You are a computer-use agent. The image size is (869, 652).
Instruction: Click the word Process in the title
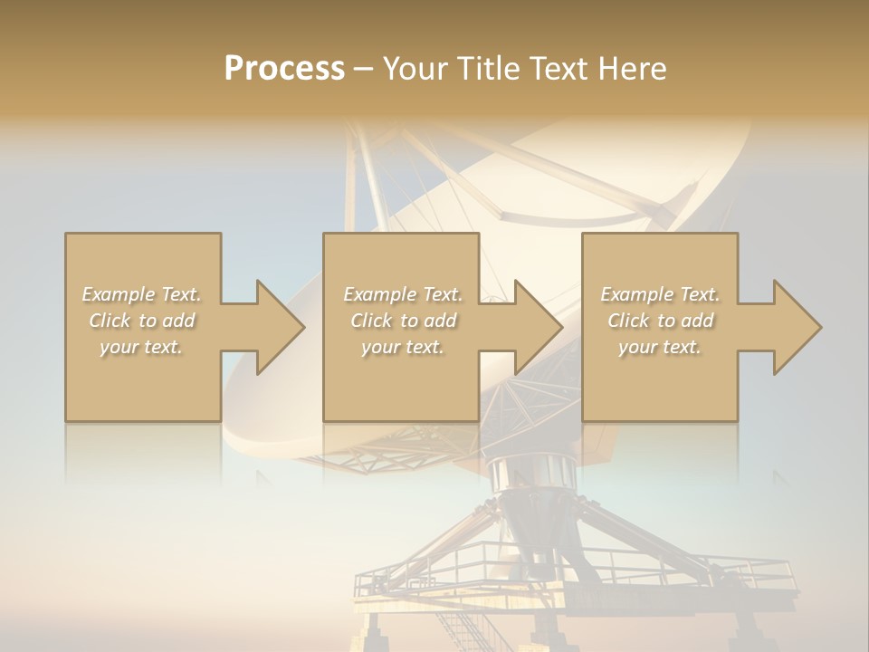[x=284, y=69]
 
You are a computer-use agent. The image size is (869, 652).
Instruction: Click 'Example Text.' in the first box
[x=142, y=294]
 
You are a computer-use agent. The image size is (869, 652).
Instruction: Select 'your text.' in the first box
[x=142, y=347]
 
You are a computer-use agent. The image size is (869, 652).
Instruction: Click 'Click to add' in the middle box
[x=403, y=321]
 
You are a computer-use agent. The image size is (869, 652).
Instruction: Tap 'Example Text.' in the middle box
[x=403, y=294]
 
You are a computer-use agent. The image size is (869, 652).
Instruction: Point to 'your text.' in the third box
[x=660, y=347]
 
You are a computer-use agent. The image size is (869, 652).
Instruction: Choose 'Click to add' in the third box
[x=660, y=321]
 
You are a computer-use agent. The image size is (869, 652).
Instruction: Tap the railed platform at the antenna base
[x=579, y=570]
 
